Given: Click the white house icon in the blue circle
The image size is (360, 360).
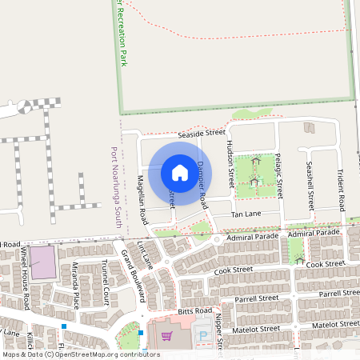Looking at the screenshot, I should click(x=179, y=172).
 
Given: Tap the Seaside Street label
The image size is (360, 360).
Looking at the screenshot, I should click(x=202, y=132).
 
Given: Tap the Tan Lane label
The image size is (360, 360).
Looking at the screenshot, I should click(x=247, y=215).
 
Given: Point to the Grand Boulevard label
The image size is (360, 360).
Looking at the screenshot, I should click(x=131, y=275).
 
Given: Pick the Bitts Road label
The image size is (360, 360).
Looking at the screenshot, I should click(x=196, y=310).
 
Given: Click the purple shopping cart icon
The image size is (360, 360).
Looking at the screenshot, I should click(x=166, y=337).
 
